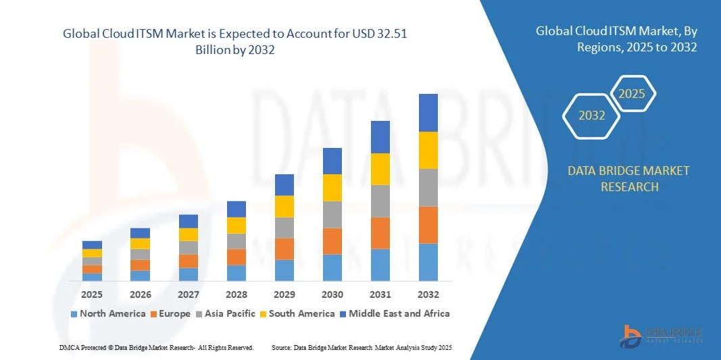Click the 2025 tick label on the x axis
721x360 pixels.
[x=92, y=294]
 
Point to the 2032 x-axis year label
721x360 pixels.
[x=428, y=294]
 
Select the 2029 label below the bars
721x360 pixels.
[x=284, y=294]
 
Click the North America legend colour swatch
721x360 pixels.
[x=74, y=314]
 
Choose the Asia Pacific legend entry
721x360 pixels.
[x=226, y=313]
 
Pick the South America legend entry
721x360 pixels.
[x=297, y=313]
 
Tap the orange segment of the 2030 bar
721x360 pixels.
[x=332, y=241]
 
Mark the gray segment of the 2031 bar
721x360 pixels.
[x=380, y=201]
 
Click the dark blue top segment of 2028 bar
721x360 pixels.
[x=237, y=209]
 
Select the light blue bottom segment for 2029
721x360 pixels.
[x=284, y=270]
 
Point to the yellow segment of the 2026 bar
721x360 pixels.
[x=141, y=243]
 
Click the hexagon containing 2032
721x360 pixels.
[x=592, y=115]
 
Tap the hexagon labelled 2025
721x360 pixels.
[x=632, y=94]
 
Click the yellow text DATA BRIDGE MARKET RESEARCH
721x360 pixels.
[x=629, y=178]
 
